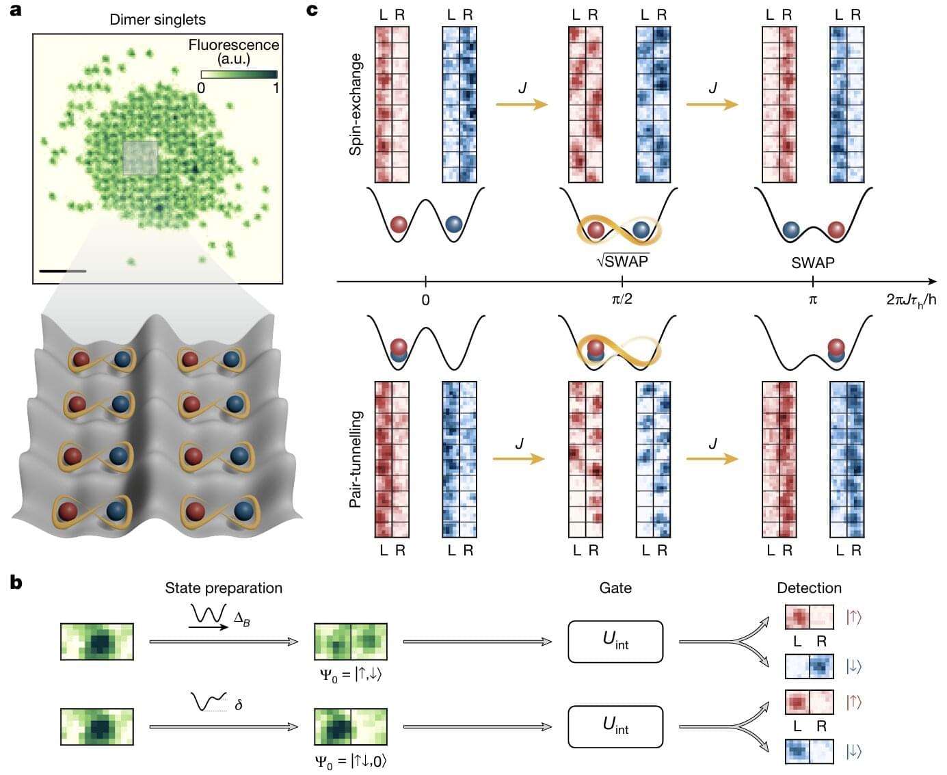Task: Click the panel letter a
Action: point(15,10)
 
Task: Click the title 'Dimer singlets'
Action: point(157,19)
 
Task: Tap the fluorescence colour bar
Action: point(239,74)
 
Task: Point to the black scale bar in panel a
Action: point(62,272)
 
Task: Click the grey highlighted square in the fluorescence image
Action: point(140,159)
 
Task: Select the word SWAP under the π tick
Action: point(812,263)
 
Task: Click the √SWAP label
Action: point(622,261)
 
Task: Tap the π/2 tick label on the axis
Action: point(622,300)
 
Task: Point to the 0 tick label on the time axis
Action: point(425,300)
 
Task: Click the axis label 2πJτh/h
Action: point(911,300)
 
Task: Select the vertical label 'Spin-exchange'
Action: point(356,104)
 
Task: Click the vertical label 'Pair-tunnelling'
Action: point(356,459)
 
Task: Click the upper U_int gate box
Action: point(615,641)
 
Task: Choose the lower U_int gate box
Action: point(615,726)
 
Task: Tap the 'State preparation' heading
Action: point(224,588)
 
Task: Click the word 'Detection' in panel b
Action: point(809,588)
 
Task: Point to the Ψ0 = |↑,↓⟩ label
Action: point(351,674)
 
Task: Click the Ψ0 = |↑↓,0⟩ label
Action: point(351,760)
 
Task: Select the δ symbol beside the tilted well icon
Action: point(238,704)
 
